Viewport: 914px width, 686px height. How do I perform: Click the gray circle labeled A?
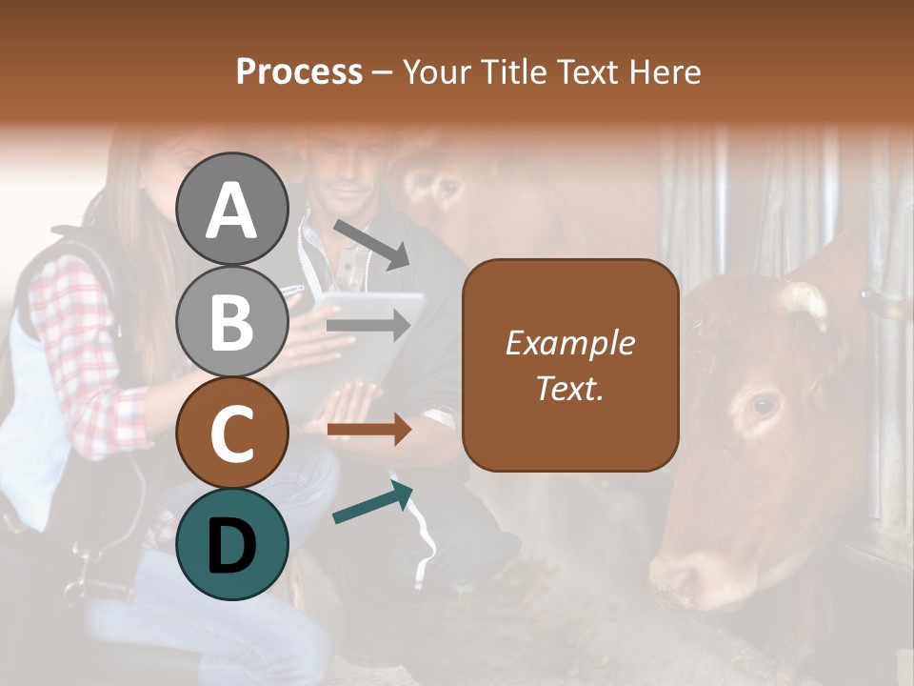point(231,209)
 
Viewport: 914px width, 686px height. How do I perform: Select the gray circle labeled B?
point(231,321)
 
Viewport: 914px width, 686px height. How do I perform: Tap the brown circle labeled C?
point(231,433)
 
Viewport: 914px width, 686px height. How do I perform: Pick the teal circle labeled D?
point(231,544)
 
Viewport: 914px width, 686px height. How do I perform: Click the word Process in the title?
point(299,71)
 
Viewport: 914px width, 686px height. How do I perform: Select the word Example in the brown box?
point(569,343)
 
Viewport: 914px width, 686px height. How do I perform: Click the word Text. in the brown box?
point(569,388)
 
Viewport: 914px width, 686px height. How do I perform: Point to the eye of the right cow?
point(763,406)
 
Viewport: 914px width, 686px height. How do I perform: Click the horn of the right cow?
point(805,300)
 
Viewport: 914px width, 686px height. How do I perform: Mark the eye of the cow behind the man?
point(447,189)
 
